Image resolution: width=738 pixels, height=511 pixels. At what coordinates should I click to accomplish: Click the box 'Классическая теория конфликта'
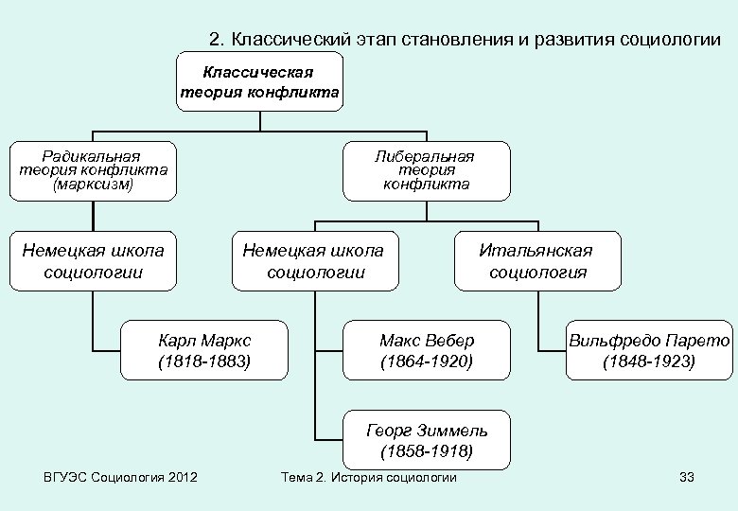click(260, 81)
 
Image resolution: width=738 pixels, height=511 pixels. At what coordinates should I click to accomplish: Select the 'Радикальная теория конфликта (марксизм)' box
click(93, 171)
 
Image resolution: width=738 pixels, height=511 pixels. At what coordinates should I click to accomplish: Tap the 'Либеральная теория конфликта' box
click(426, 171)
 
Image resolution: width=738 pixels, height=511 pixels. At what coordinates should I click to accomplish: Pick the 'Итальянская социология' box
click(536, 261)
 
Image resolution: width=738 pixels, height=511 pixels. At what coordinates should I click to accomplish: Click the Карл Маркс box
click(204, 350)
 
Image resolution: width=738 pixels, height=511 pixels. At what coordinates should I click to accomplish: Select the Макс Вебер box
click(427, 350)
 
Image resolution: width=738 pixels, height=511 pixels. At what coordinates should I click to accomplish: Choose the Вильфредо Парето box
click(649, 350)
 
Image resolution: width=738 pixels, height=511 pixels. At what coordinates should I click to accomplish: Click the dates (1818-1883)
click(204, 361)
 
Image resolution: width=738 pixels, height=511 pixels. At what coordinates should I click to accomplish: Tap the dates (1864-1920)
click(427, 361)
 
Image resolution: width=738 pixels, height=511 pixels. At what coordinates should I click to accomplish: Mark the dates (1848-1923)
click(649, 361)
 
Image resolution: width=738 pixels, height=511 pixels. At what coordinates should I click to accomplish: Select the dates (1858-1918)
click(427, 450)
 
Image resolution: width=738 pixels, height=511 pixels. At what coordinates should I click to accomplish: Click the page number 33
click(687, 477)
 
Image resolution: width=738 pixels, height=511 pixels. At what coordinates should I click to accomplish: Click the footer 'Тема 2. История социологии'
click(369, 477)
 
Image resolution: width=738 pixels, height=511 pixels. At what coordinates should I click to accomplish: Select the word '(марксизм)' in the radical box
click(93, 185)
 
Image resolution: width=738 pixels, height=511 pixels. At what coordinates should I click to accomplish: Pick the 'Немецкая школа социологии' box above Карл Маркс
click(93, 261)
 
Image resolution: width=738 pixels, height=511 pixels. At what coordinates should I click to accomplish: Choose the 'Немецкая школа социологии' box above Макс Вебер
click(314, 261)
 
